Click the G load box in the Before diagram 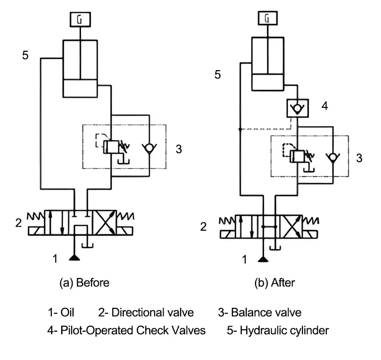80,19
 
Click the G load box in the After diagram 268,18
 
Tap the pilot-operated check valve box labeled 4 297,108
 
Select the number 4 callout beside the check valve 325,106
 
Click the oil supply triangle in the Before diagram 74,258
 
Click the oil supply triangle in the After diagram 263,260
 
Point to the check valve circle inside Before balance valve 149,147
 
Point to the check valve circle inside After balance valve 333,157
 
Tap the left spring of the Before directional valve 35,216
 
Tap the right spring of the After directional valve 310,220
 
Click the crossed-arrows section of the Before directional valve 105,223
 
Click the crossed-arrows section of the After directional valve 291,226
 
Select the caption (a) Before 85,283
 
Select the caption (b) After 275,283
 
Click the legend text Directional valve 153,312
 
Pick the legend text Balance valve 266,312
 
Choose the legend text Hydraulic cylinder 285,331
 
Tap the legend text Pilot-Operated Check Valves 133,330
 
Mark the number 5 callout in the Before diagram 25,55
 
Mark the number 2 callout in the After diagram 203,227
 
